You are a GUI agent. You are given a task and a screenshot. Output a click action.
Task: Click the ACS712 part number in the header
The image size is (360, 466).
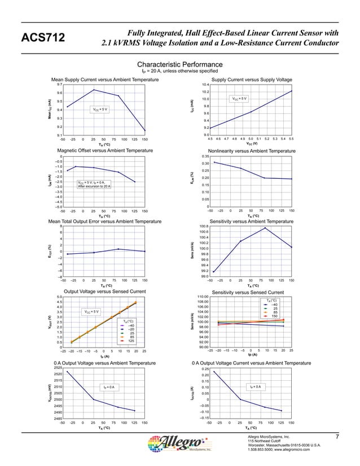[x=43, y=38]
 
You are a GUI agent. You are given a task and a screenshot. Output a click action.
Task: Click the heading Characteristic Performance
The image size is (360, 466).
[x=180, y=65]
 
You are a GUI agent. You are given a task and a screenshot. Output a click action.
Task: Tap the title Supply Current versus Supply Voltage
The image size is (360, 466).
[x=252, y=80]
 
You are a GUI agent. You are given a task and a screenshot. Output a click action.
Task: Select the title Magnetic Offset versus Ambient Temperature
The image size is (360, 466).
[x=105, y=151]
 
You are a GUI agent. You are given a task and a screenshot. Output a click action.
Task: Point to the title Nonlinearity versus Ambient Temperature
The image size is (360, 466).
[x=252, y=151]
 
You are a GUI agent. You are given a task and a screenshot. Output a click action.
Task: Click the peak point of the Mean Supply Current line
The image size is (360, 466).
[x=94, y=90]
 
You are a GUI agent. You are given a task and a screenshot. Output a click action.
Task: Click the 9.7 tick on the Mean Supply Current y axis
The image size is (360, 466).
[x=58, y=84]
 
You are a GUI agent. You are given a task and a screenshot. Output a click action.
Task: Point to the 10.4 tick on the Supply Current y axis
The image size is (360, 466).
[x=205, y=84]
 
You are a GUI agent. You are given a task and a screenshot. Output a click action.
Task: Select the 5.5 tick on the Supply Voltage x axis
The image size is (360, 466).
[x=291, y=139]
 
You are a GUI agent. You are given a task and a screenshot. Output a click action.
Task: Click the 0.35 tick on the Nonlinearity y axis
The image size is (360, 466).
[x=205, y=156]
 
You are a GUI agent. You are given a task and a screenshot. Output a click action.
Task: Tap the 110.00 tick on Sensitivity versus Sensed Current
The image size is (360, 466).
[x=203, y=297]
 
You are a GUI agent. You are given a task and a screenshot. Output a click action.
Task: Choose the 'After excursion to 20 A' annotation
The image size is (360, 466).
[x=94, y=186]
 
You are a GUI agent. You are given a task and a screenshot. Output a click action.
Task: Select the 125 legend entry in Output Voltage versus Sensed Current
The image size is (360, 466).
[x=131, y=341]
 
